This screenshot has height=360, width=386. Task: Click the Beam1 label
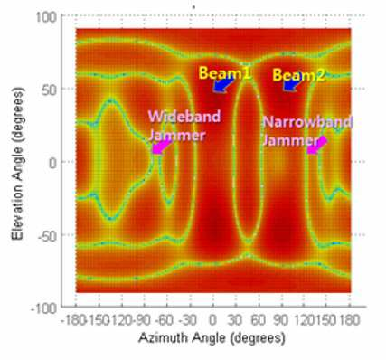coord(225,72)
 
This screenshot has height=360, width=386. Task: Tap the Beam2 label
coord(299,75)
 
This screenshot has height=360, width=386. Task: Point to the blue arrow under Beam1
coord(223,84)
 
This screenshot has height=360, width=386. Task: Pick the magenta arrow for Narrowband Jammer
coord(317,146)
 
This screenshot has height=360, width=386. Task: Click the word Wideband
coord(184,117)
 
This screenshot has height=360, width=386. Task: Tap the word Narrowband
coord(307,122)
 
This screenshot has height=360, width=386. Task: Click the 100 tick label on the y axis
coord(46,17)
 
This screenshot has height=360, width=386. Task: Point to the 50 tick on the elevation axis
coord(50,90)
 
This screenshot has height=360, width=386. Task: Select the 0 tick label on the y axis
coord(52,163)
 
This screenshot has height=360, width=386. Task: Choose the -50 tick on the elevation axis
coord(47,236)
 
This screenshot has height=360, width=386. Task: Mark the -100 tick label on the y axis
coord(44,308)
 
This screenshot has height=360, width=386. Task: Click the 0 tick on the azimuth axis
coord(212,320)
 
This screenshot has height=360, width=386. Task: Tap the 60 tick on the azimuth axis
coord(259,320)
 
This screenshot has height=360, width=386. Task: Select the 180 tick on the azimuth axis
coord(350,320)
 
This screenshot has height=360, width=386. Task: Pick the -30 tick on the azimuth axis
coord(187,320)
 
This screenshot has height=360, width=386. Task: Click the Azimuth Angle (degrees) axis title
coord(212,337)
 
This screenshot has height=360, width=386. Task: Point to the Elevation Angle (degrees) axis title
coord(17,163)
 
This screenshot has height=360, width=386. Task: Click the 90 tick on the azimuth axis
coord(281,320)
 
